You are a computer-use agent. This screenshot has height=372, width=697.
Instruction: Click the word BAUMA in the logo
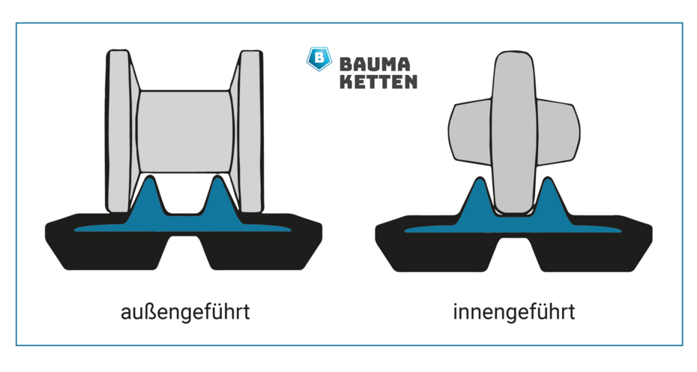374,64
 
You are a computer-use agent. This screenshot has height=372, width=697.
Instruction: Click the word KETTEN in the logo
378,82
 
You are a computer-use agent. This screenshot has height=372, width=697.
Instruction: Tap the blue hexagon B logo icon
319,58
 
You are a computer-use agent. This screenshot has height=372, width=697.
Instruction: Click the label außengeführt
185,312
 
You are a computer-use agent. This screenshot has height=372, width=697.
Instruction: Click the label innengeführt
514,311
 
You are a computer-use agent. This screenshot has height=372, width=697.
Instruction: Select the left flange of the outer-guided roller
119,130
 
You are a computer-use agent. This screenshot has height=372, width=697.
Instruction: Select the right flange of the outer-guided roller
251,130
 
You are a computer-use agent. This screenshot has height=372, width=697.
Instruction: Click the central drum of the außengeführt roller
185,132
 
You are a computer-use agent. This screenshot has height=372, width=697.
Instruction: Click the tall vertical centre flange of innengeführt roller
514,133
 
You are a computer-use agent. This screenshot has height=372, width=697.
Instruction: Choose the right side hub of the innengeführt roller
558,132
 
